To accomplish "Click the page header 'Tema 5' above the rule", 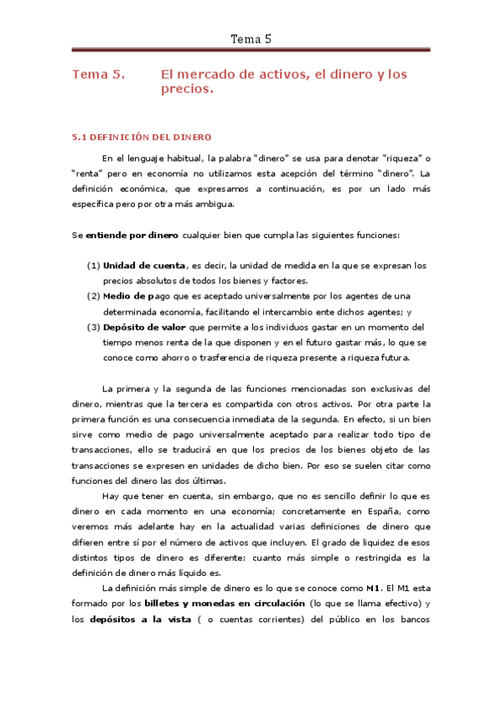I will [251, 39].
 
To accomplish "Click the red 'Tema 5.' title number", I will [99, 75].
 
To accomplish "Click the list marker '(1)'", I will [94, 265].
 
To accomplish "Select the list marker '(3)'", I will [94, 327].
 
